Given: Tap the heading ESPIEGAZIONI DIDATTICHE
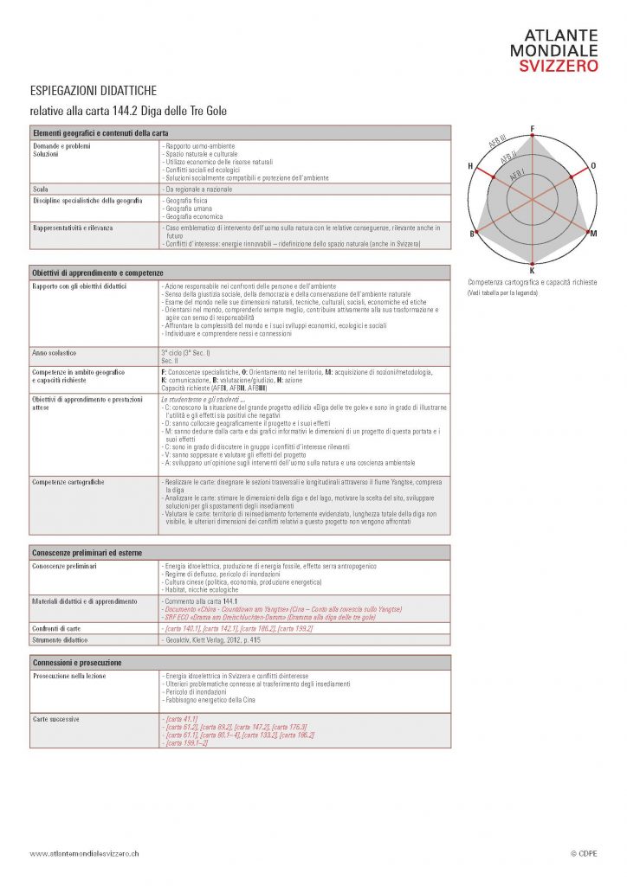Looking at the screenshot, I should tap(93, 90).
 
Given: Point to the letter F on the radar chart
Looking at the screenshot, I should tap(532, 129).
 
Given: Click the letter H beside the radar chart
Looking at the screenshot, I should tap(470, 165).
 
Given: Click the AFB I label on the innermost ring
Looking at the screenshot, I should tap(517, 174).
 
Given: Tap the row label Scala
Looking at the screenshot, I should tap(41, 188).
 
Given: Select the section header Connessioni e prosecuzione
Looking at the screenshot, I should tap(78, 662).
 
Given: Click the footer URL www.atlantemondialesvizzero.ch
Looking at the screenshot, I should tap(84, 853).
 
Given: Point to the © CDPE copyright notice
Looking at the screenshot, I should tap(585, 853).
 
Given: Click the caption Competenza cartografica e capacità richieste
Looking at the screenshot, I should tap(532, 283).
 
